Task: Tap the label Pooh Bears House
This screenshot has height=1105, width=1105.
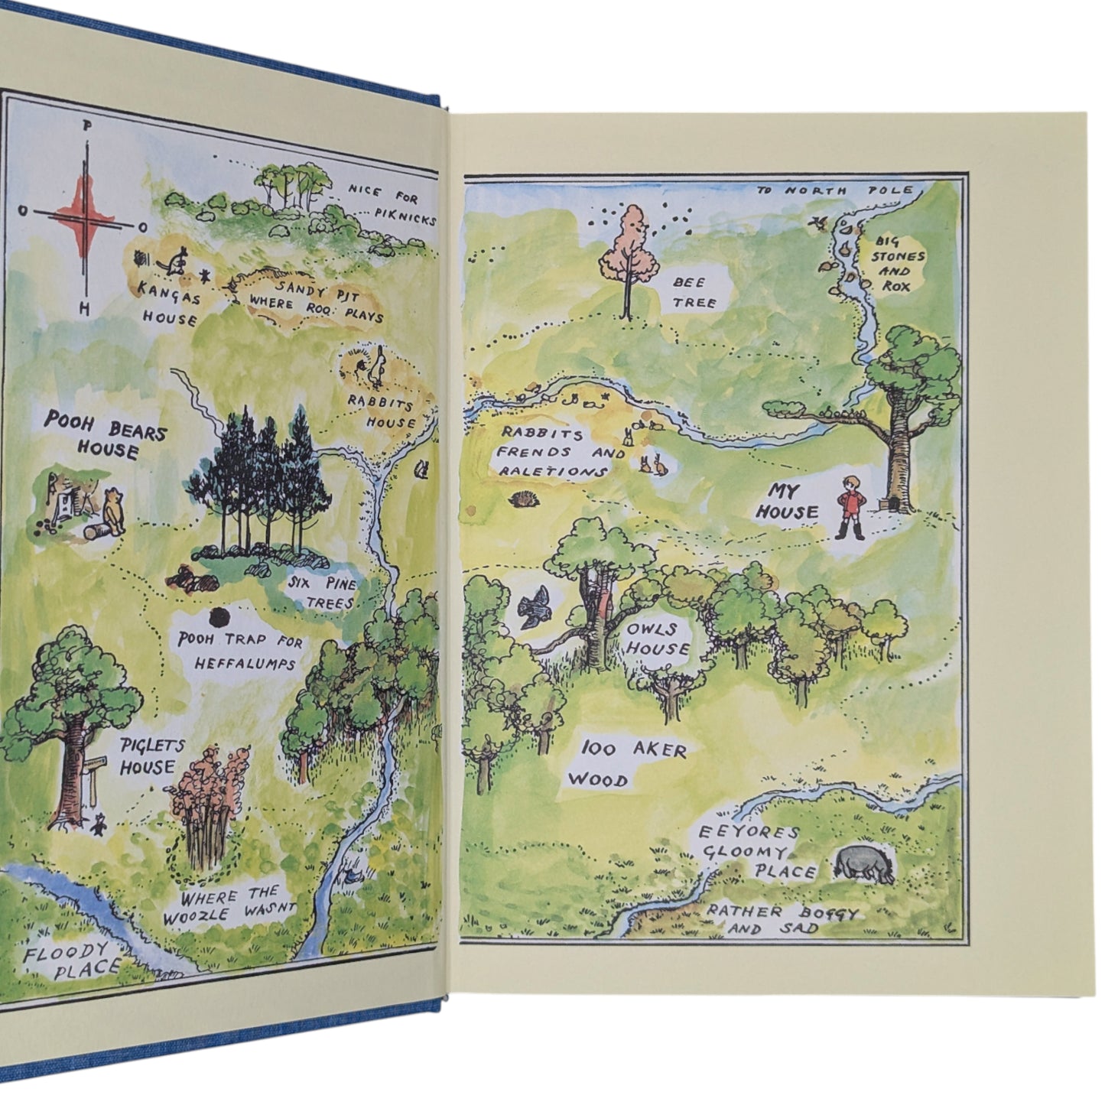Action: tap(106, 434)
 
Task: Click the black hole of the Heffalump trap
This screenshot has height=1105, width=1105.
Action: tap(220, 616)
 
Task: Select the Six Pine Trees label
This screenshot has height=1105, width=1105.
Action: tap(323, 593)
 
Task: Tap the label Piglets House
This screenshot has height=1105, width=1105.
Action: tap(148, 756)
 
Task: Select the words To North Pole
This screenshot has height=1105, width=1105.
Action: tap(835, 189)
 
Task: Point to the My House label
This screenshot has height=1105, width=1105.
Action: tap(787, 501)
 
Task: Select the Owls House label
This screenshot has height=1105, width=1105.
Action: tap(659, 640)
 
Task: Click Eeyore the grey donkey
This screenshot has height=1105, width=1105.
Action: tap(864, 863)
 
